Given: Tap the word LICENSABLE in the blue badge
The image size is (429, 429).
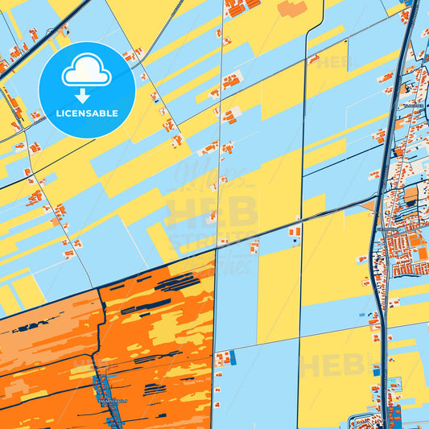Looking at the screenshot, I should coord(86,113).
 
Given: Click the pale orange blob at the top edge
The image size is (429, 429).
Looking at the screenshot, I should coord(292,8).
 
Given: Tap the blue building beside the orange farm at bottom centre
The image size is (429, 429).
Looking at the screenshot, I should coord(234,354).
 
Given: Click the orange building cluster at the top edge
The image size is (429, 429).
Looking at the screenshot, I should coord(238,7).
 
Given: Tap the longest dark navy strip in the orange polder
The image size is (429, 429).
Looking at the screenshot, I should coord(145,306).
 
